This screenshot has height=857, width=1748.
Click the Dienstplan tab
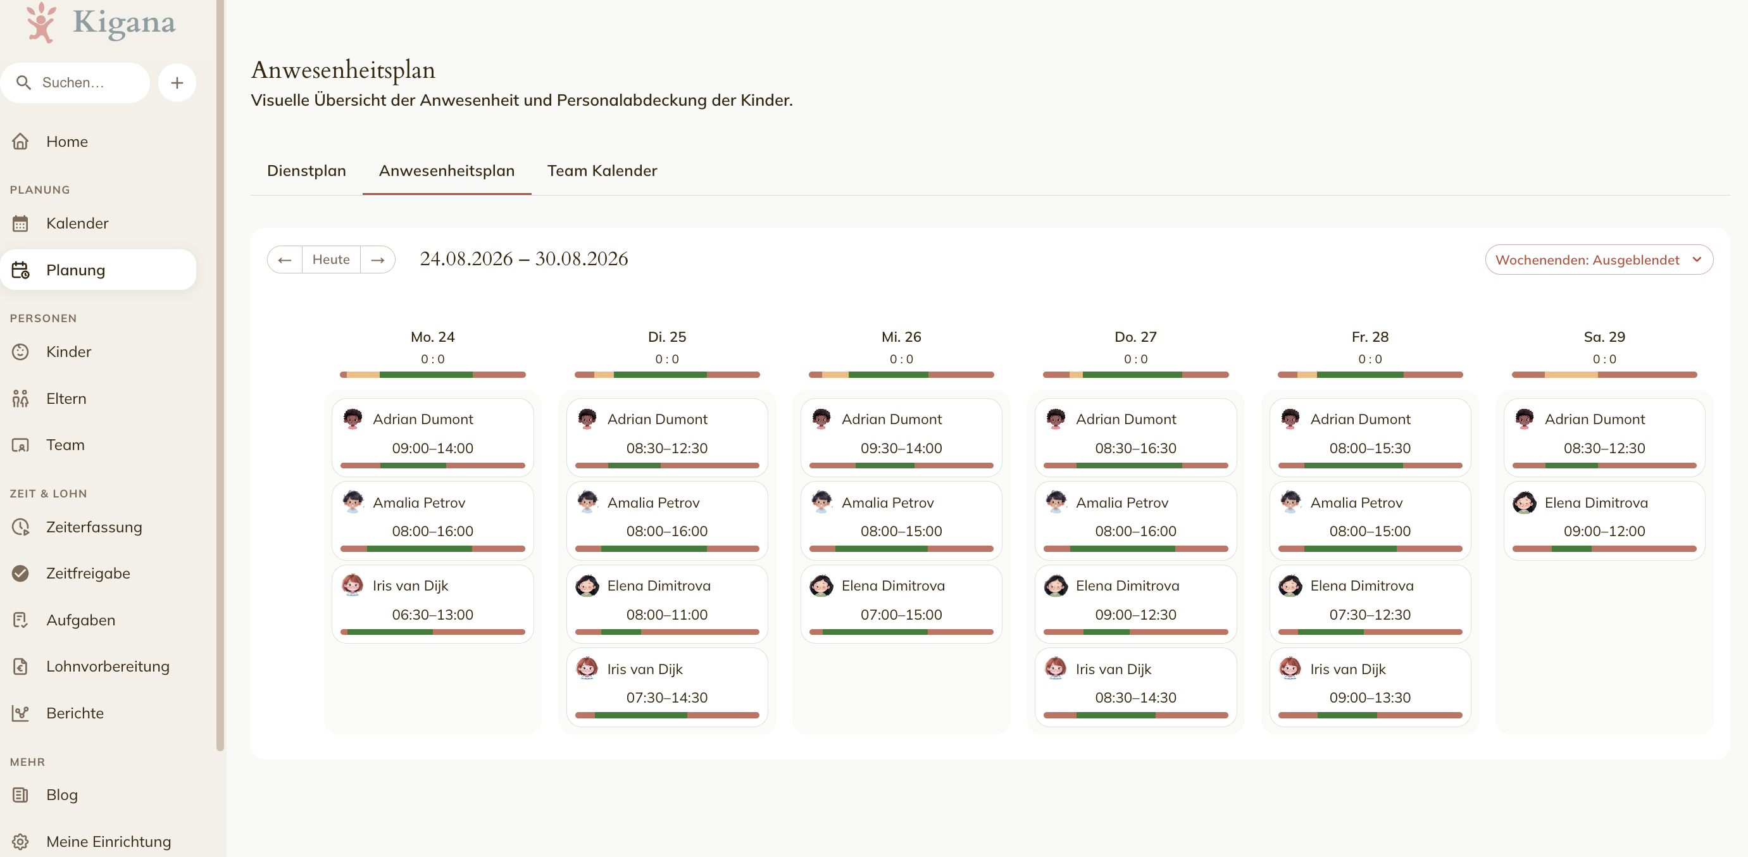pos(306,170)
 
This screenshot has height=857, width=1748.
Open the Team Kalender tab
pos(602,170)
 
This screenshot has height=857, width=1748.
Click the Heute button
pos(331,260)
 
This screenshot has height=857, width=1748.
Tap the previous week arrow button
pos(285,260)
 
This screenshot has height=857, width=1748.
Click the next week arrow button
pos(378,260)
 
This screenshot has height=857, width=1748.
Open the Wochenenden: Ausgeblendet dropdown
pos(1599,260)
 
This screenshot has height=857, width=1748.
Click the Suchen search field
pos(75,83)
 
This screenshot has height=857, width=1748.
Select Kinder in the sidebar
pos(68,351)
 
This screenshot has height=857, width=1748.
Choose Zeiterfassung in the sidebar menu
pos(94,527)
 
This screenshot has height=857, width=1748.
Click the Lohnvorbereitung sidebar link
pos(108,666)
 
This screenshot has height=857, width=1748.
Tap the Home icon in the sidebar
pos(20,141)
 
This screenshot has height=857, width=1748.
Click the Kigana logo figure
pos(41,22)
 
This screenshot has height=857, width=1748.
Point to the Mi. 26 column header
pos(901,337)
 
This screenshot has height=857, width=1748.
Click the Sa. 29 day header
pos(1604,337)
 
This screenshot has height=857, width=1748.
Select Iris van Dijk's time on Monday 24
pos(432,614)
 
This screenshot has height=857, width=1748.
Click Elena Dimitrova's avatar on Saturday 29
pos(1524,502)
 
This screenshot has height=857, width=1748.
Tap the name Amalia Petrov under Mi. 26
pos(887,502)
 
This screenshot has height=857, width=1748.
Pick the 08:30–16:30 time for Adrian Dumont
pos(1135,448)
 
